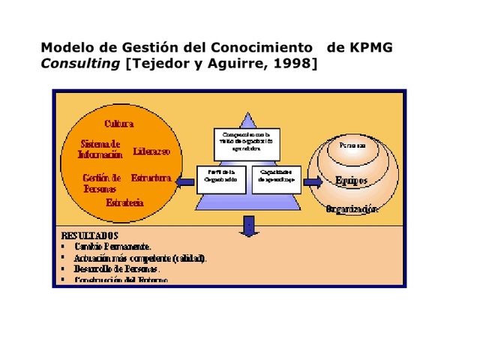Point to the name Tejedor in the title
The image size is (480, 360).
pos(159,64)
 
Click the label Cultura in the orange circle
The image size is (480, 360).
pos(119,123)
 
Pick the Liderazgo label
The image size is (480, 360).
pos(151,151)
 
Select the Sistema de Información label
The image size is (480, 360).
pos(100,149)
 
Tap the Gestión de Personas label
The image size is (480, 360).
pos(101,183)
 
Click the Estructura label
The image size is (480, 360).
pos(151,178)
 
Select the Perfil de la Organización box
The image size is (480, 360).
pos(222,178)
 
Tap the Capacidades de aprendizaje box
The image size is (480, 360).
pos(276,178)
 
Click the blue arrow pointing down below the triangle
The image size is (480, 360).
pos(249,223)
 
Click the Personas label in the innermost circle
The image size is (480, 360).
pos(352,144)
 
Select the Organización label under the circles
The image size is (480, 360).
pos(352,209)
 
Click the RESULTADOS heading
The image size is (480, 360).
pos(89,235)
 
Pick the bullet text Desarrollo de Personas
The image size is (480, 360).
pos(117,268)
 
